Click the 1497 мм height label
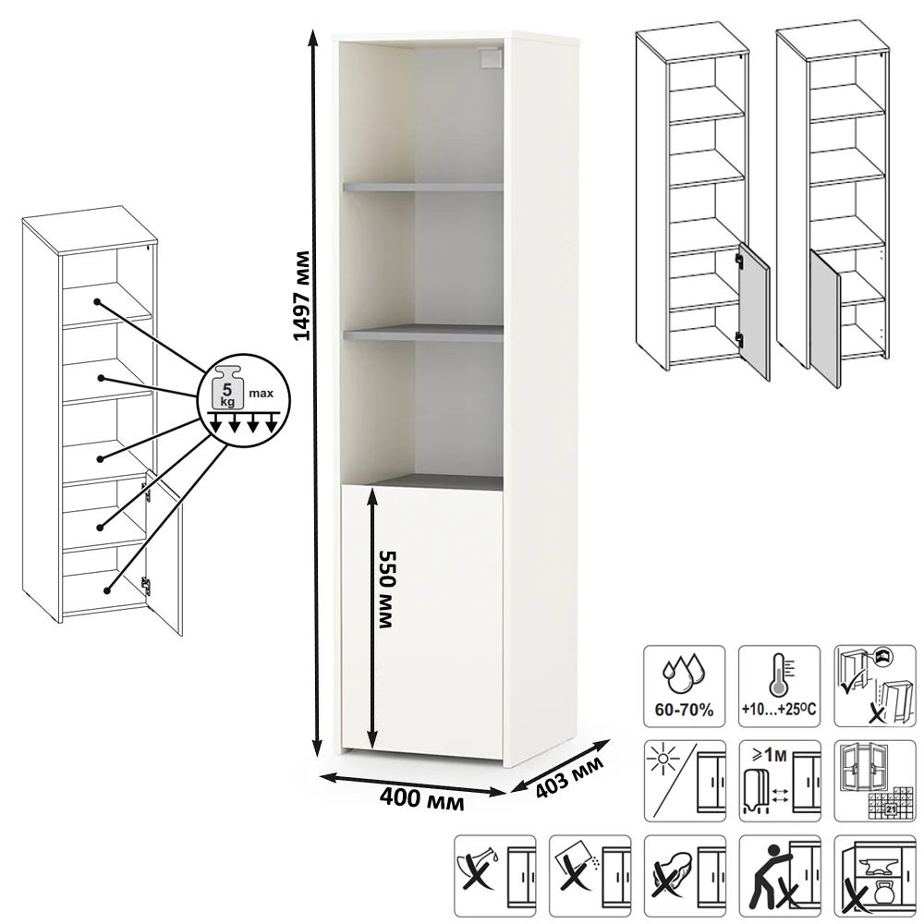click(302, 296)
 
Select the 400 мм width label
click(421, 799)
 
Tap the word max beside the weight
click(261, 393)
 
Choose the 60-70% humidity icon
click(684, 686)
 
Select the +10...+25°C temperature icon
click(779, 686)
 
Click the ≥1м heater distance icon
click(779, 781)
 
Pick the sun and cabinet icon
click(684, 781)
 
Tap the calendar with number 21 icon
click(874, 781)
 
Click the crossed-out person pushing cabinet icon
click(779, 876)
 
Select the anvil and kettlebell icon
click(874, 876)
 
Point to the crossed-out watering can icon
click(495, 876)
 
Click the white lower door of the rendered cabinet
click(422, 621)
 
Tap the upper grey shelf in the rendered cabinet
click(422, 187)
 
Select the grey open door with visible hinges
click(754, 311)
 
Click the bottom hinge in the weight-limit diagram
click(146, 585)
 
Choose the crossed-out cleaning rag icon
click(684, 876)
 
